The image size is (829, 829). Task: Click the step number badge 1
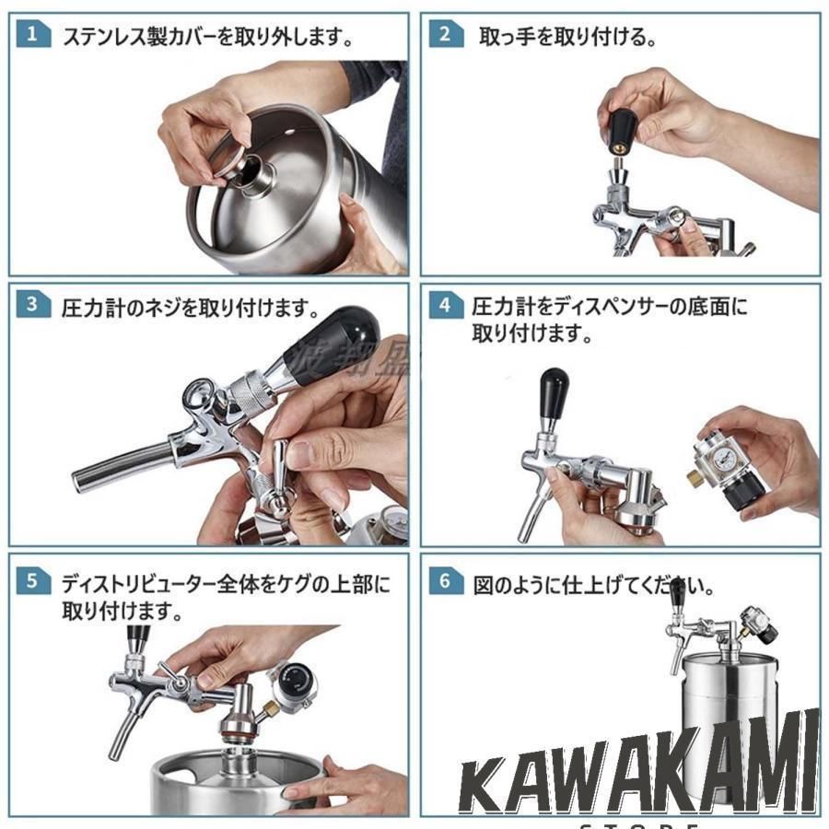coord(32,36)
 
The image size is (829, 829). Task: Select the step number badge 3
coord(32,305)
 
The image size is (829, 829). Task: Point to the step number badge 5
coord(32,580)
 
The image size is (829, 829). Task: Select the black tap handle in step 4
coord(553,394)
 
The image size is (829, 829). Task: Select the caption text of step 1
coord(207,38)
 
